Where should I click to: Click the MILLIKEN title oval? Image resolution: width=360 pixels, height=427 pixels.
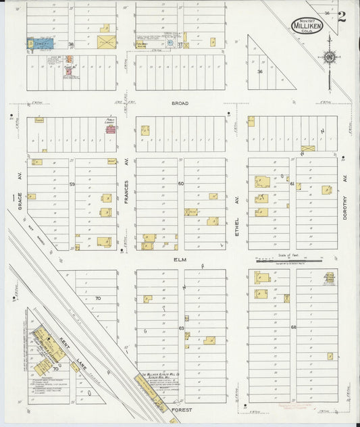click(307, 25)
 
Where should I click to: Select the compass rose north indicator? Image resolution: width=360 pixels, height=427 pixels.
click(330, 59)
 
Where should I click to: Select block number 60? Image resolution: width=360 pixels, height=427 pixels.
click(181, 184)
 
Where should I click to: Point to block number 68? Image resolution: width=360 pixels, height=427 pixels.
click(293, 328)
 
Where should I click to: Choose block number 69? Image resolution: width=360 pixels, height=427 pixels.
click(181, 328)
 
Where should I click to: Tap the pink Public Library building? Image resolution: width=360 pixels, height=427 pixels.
click(110, 128)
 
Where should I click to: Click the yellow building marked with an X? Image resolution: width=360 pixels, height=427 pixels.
click(307, 147)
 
